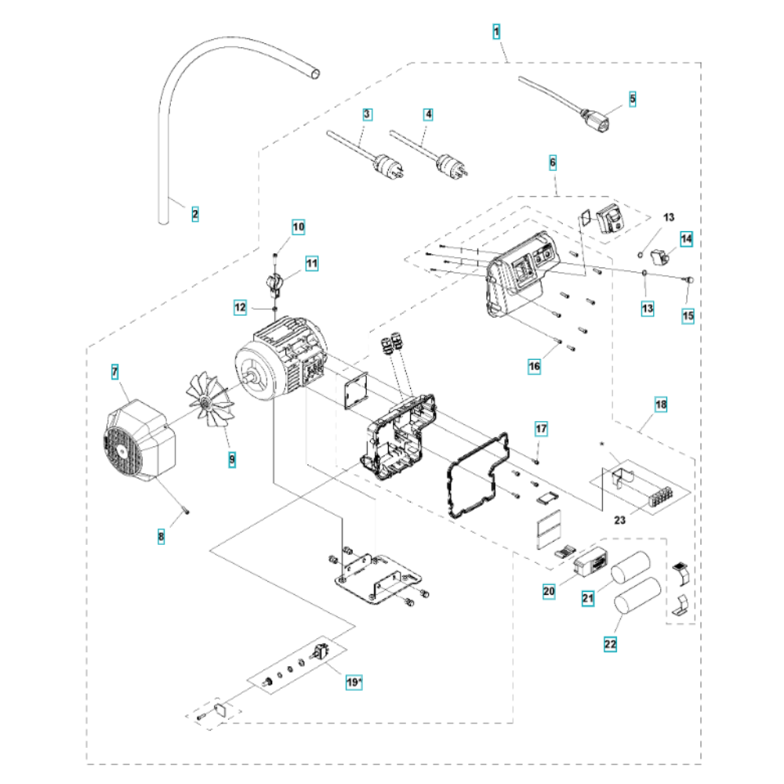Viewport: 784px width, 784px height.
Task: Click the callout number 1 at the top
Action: pos(496,32)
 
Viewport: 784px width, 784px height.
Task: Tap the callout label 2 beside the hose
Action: pos(195,213)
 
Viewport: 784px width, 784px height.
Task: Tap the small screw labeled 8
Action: pos(186,510)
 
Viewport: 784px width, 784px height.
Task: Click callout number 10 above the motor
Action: pos(298,228)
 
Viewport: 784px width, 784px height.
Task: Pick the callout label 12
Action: pos(241,309)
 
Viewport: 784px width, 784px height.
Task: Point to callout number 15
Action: pos(688,316)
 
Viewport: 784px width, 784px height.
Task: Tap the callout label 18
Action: pos(661,405)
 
